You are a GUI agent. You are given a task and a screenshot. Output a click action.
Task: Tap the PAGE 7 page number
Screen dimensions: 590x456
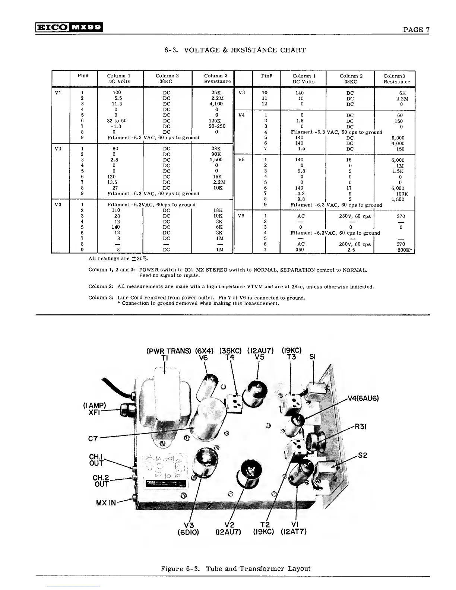[417, 30]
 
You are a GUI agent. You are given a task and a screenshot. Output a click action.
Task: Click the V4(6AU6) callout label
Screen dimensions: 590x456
[363, 398]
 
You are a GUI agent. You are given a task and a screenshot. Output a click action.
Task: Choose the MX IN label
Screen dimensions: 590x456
[106, 503]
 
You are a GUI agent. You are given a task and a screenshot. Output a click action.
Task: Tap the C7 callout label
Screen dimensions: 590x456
[93, 439]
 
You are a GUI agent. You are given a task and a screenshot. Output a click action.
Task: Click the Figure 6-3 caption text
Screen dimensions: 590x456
[235, 568]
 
